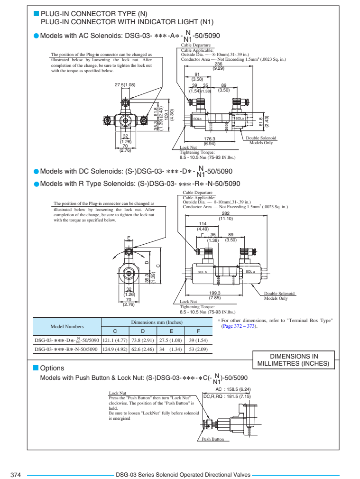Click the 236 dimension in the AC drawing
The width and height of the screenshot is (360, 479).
pos(218,64)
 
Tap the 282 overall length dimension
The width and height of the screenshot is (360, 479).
pos(226,213)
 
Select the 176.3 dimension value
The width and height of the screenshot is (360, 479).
pos(210,138)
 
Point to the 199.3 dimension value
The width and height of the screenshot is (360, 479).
pos(215,293)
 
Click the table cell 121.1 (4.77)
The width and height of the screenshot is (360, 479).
pos(115,341)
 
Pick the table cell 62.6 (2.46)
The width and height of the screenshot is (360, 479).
pos(143,349)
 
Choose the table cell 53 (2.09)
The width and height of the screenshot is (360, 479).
pos(198,349)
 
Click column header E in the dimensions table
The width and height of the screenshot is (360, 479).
pos(171,331)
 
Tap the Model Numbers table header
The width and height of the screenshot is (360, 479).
pos(67,327)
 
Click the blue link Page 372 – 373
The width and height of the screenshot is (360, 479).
pos(239,326)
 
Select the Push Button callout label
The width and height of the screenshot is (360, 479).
pos(212,439)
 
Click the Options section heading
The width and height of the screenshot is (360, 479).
pos(52,368)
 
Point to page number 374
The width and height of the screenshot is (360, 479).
pos(16,475)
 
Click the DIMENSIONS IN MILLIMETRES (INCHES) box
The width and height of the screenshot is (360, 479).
pos(294,360)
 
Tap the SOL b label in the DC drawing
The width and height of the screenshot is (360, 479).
pos(202,272)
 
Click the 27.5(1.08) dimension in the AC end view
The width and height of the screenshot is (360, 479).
pos(125,84)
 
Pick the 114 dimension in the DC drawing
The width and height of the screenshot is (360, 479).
pos(203,224)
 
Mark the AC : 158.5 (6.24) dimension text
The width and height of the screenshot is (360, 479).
pos(233,389)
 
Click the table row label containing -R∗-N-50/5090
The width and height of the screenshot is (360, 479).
pos(66,349)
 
